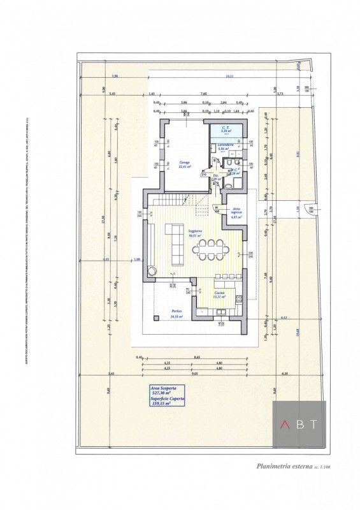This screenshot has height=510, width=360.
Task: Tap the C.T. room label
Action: click(x=226, y=129)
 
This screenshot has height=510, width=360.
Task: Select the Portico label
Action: click(x=176, y=313)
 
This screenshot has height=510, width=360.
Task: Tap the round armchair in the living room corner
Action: click(x=153, y=272)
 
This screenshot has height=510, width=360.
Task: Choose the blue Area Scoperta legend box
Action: click(x=167, y=395)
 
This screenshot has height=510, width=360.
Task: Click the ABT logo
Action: click(x=299, y=423)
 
